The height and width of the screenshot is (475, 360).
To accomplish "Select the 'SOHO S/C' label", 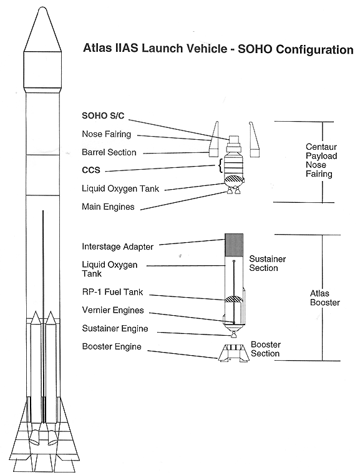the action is [103, 115].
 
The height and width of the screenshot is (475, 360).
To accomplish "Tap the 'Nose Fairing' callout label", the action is [107, 134].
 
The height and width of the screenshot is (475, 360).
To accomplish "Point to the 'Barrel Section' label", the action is [109, 152].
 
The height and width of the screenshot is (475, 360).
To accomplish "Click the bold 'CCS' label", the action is [91, 170].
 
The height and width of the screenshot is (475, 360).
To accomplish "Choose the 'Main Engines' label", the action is [108, 207].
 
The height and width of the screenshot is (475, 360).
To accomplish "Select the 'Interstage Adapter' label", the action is [117, 247].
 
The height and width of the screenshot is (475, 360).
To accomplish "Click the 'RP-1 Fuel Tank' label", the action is [112, 292].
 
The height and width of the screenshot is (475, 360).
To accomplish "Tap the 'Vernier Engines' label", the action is [113, 310].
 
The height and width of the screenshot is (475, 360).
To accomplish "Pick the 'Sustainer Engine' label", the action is [115, 329].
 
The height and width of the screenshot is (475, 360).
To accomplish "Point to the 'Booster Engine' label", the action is [112, 347].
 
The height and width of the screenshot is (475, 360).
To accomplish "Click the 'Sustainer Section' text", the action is [268, 263].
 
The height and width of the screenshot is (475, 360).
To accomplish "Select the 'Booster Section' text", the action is [266, 349].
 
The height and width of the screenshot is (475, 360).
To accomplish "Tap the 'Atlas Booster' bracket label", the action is [325, 298].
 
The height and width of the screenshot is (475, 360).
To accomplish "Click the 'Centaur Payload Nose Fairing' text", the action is [321, 160].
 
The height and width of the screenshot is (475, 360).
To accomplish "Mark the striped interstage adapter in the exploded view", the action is [234, 246].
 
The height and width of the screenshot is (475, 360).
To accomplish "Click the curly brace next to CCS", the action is [220, 166].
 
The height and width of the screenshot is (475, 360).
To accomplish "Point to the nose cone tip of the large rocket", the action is [42, 7].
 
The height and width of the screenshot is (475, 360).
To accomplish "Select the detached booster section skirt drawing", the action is [233, 353].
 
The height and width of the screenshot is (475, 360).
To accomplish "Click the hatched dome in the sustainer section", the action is [233, 299].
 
